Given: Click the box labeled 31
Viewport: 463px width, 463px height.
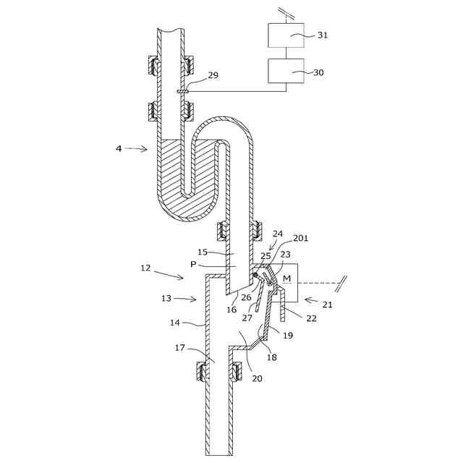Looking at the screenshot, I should click(x=285, y=35).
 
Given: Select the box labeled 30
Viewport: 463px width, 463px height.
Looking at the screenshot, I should click(x=285, y=72).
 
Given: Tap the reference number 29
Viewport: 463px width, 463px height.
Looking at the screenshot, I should click(x=213, y=75).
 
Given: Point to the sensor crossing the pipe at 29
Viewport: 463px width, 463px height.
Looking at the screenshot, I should click(x=182, y=92).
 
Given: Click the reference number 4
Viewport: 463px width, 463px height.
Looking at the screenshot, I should click(x=119, y=149).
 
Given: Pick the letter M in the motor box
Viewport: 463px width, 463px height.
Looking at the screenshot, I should click(x=287, y=279).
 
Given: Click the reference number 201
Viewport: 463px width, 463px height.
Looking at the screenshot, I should click(x=300, y=238).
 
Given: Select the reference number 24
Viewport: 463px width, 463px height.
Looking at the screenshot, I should click(x=278, y=234).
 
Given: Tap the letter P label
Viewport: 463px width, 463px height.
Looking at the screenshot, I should click(x=193, y=265).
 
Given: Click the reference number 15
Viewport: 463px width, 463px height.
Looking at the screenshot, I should click(x=203, y=252).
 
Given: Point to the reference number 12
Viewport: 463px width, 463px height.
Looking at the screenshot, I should click(x=145, y=268).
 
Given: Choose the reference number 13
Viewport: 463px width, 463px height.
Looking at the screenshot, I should click(x=166, y=298).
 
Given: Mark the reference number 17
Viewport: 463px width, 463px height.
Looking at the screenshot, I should click(x=180, y=348).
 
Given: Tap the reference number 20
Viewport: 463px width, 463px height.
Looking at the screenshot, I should click(x=257, y=378).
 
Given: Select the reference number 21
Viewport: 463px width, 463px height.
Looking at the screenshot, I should click(x=327, y=305).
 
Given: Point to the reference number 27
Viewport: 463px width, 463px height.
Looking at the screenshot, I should click(x=247, y=317).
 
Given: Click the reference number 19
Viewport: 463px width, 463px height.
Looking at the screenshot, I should click(x=288, y=336).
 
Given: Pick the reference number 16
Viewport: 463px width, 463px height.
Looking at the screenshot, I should click(x=231, y=310).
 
